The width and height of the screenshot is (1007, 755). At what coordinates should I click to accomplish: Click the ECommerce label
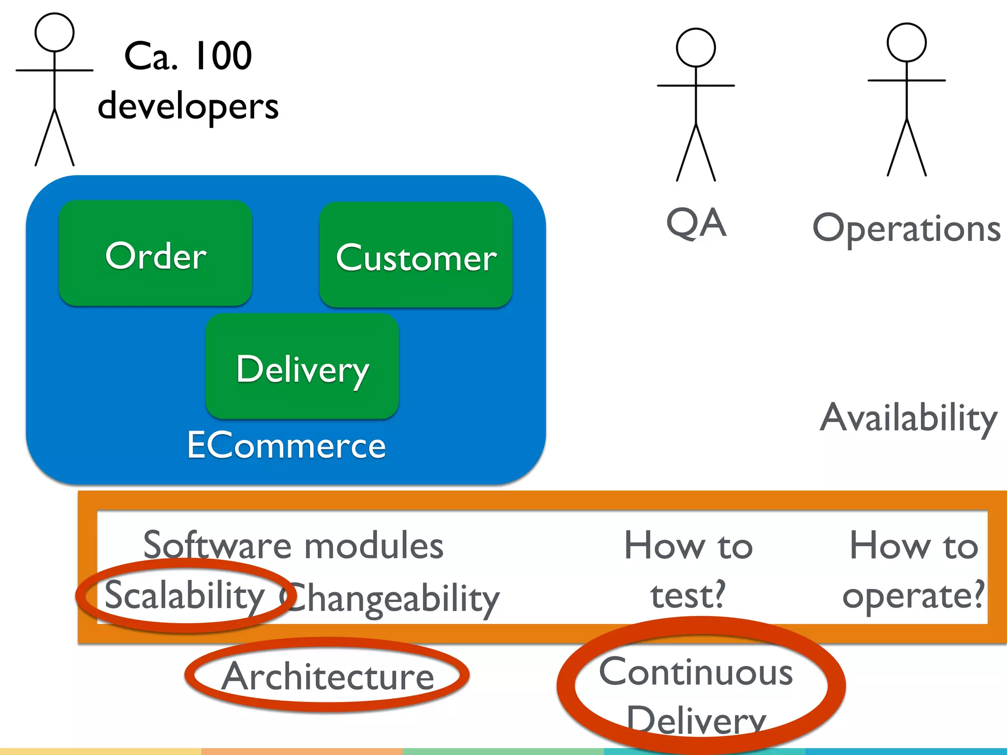pyautogui.click(x=286, y=445)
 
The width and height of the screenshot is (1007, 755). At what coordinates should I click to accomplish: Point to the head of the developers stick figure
pyautogui.click(x=54, y=32)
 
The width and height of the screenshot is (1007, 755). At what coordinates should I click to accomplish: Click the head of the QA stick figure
pyautogui.click(x=695, y=48)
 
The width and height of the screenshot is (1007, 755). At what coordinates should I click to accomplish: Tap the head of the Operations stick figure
pyautogui.click(x=906, y=42)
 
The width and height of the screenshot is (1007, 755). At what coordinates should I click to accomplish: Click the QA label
pyautogui.click(x=695, y=223)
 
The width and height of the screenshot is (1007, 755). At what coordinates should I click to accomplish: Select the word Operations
pyautogui.click(x=906, y=229)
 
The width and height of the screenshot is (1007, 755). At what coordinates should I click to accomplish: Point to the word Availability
pyautogui.click(x=908, y=418)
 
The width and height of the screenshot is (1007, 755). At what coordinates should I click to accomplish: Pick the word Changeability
pyautogui.click(x=391, y=599)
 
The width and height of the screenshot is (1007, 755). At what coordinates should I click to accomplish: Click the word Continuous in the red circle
pyautogui.click(x=695, y=672)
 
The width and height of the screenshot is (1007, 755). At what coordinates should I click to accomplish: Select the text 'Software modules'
pyautogui.click(x=293, y=546)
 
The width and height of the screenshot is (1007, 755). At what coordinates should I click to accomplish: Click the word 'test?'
pyautogui.click(x=687, y=595)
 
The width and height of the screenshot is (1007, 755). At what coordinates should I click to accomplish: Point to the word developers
pyautogui.click(x=188, y=107)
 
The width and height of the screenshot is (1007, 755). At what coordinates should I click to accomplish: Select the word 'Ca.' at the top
pyautogui.click(x=150, y=56)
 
